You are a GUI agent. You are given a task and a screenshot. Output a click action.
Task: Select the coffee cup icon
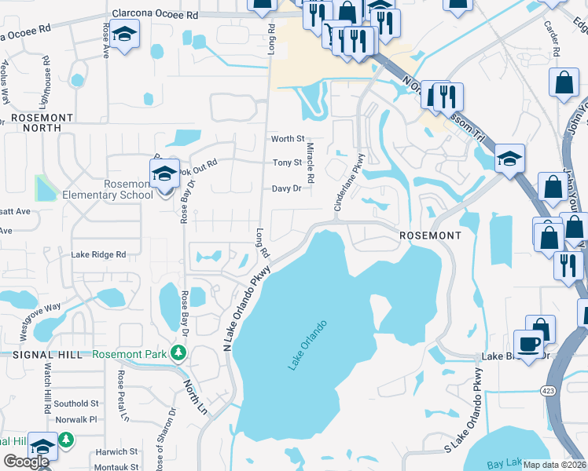coord(528,343)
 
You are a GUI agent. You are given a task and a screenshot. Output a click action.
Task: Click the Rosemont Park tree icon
coord(178,354)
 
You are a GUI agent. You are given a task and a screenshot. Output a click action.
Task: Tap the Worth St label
coord(287,139)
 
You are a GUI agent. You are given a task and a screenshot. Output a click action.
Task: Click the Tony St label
coord(287,163)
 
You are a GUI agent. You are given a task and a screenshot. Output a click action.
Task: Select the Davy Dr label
coord(286,188)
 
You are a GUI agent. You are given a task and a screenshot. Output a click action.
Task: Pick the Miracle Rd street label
coord(311,163)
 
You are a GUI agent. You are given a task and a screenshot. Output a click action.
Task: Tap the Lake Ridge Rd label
coord(98,254)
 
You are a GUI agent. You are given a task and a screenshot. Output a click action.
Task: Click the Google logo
coord(26,462)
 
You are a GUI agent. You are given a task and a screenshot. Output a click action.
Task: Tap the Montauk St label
coord(116,466)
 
